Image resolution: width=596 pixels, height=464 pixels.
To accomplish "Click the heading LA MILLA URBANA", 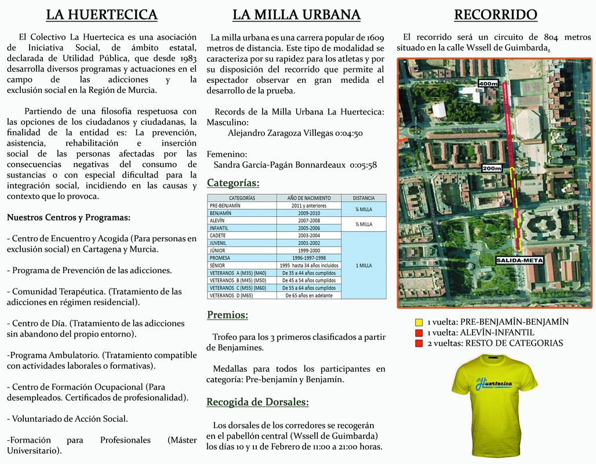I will tap(296, 14).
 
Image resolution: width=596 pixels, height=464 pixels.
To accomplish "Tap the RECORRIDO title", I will tap(495, 14).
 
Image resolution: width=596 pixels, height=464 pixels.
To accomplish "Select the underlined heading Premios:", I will tap(227, 315).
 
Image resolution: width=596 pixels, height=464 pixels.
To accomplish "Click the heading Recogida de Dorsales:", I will tap(257, 402).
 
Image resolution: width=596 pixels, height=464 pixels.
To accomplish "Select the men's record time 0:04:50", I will tap(349, 133).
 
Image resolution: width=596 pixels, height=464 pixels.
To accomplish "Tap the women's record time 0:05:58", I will tap(364, 165).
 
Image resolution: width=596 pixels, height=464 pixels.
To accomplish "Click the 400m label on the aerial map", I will tap(488, 84).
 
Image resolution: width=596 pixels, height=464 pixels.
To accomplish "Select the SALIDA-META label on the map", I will tap(519, 260).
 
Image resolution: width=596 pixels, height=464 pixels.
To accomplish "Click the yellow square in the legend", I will tap(419, 322).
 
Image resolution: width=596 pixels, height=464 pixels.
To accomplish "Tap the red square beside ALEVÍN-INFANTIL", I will tap(419, 333).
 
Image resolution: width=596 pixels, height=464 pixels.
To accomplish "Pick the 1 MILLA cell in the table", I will tap(364, 265).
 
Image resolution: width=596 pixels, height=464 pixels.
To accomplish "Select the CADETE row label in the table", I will tap(218, 236).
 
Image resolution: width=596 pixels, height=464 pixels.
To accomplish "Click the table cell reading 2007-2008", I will tap(308, 221).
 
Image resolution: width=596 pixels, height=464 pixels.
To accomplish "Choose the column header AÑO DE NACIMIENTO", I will tap(308, 198).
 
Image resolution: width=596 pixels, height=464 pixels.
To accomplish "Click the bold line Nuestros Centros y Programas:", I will tap(68, 217).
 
